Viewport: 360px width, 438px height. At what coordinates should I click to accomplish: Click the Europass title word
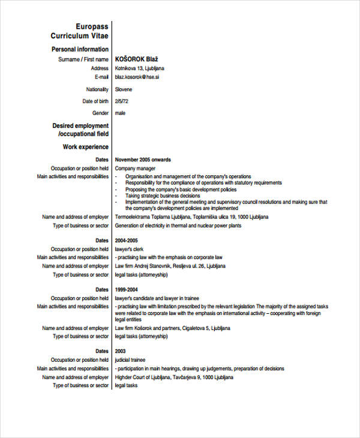tap(92, 26)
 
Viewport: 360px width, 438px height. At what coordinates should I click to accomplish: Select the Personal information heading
tap(80, 49)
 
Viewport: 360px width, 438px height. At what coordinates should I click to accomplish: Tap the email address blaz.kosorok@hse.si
tap(137, 77)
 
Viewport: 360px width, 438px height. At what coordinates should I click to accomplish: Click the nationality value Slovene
tap(124, 89)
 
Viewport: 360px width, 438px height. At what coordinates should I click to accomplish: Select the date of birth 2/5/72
tap(122, 101)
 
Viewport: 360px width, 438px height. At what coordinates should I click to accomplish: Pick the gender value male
tap(121, 113)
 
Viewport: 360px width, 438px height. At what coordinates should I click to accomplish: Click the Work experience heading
tap(85, 146)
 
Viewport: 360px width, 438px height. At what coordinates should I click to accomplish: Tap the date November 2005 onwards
tap(143, 160)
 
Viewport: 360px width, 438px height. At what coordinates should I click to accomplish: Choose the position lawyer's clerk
tap(129, 248)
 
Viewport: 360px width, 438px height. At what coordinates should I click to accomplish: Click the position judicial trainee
tap(130, 359)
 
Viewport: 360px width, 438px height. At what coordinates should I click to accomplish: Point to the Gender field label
tap(100, 113)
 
